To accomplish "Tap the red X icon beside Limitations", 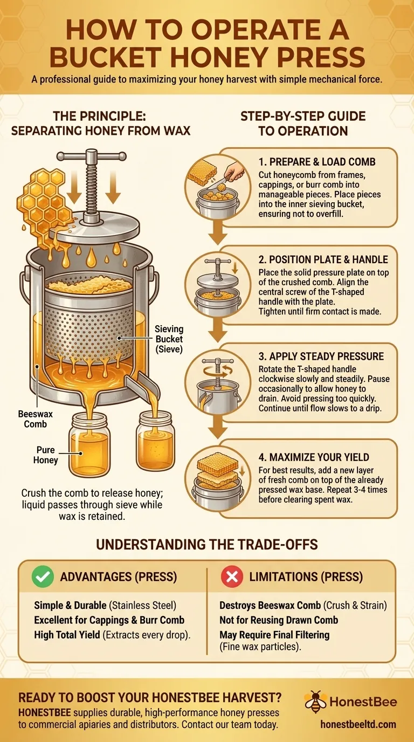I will [x=232, y=577].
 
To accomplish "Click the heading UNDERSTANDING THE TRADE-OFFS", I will [x=207, y=544].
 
